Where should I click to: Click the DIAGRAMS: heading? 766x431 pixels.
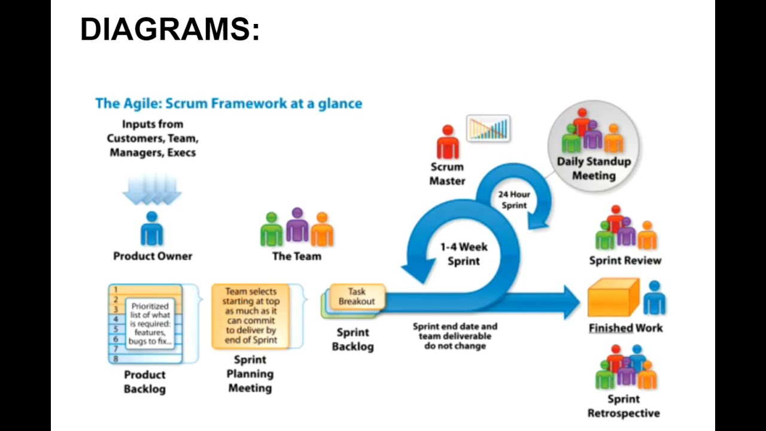(x=170, y=29)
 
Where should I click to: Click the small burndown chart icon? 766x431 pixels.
(x=488, y=129)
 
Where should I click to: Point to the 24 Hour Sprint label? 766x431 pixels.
(x=513, y=200)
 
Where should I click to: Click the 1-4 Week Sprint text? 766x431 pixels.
(x=464, y=254)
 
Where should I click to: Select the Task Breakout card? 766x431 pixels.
(x=357, y=297)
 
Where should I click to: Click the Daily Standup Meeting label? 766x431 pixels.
(x=593, y=168)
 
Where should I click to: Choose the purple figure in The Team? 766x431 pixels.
(x=297, y=226)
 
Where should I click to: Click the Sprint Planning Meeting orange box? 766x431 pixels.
(x=251, y=315)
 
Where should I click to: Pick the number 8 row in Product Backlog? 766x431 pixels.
(x=145, y=359)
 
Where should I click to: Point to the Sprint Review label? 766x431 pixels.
(x=625, y=260)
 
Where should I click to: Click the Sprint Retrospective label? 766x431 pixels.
(x=624, y=406)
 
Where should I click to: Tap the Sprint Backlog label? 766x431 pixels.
(x=352, y=339)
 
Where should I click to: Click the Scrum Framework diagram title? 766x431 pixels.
(x=229, y=103)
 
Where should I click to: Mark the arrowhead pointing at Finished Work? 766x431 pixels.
(x=569, y=302)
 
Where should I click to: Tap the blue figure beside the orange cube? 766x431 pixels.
(x=654, y=298)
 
